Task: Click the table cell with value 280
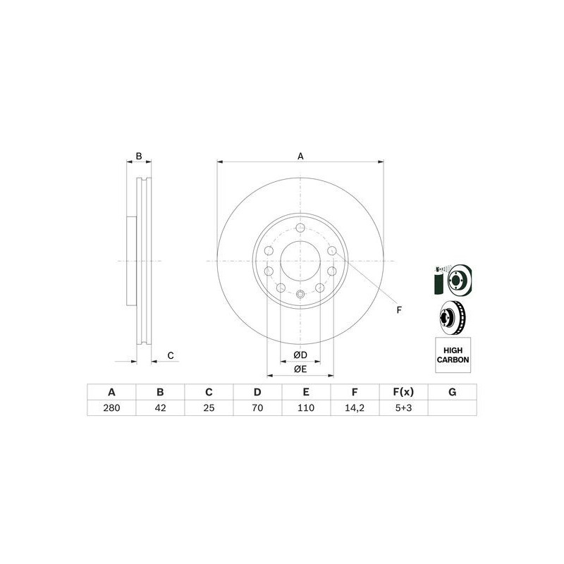point(111,407)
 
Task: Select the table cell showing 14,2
point(355,407)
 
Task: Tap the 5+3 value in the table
point(403,407)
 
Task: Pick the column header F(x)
point(403,392)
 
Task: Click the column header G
point(452,392)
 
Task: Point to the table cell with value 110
point(306,407)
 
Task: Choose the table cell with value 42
point(159,407)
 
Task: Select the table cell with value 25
point(209,407)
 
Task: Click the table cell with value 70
point(257,407)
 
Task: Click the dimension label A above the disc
point(300,157)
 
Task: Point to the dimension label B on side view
point(139,156)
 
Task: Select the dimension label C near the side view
point(170,356)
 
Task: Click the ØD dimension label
point(300,355)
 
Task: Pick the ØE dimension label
point(300,369)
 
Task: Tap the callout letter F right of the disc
point(398,310)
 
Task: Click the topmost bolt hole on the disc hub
point(300,228)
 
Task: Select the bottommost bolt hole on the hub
point(300,295)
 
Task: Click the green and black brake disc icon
point(451,280)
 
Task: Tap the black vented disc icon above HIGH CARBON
point(452,318)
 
